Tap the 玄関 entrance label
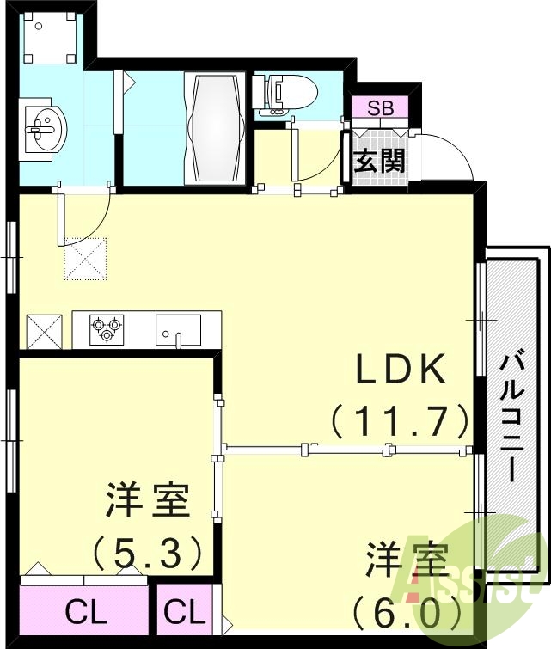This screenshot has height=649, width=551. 379,160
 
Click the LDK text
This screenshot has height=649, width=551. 401,371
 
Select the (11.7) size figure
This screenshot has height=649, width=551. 401,421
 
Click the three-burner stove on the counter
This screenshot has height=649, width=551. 107,328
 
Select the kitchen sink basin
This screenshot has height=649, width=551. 178,328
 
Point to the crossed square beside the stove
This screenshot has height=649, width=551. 45,329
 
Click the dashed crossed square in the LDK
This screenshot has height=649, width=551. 84,259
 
